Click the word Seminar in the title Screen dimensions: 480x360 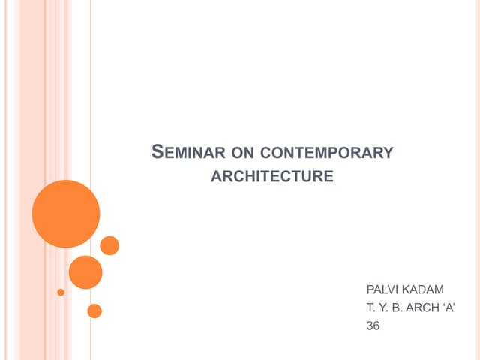[x=188, y=152]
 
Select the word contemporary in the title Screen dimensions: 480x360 [x=327, y=153]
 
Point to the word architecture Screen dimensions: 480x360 [x=272, y=176]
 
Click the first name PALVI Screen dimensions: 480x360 [x=382, y=289]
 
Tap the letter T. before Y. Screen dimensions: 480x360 [x=370, y=307]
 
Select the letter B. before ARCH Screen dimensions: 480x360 [x=397, y=307]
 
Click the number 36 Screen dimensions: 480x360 [x=373, y=325]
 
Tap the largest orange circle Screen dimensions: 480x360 [x=66, y=214]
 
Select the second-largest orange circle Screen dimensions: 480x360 [x=85, y=272]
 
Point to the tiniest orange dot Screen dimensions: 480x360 [x=61, y=292]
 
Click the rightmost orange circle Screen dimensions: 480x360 [x=109, y=245]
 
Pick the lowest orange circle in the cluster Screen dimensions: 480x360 [x=94, y=311]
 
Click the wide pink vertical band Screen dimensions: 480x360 [x=32, y=180]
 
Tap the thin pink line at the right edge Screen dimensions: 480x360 [x=478, y=180]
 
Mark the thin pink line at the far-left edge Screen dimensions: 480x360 [x=5, y=180]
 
